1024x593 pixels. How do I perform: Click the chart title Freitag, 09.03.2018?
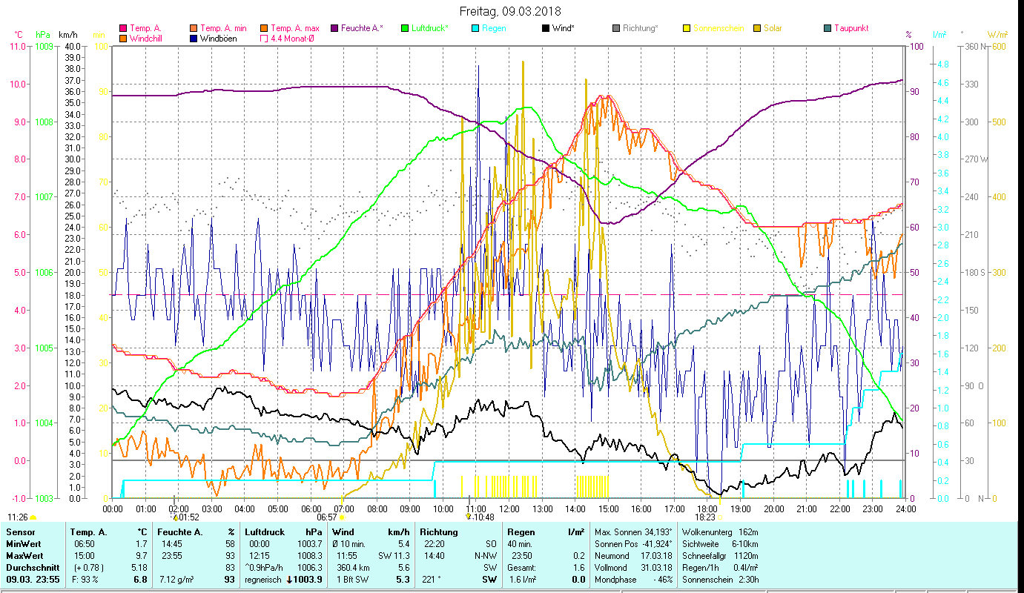pos(510,11)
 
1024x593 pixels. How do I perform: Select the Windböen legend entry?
pos(217,39)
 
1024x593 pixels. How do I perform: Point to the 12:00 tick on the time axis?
pos(509,509)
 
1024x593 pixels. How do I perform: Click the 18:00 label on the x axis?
pos(707,509)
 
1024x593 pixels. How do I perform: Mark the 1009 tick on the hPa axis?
pos(44,46)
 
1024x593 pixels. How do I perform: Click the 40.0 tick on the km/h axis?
pos(73,46)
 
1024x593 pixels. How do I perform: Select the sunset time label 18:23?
pos(705,517)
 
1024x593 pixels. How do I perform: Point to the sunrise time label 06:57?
pos(327,517)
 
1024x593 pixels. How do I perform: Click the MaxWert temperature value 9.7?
pos(140,556)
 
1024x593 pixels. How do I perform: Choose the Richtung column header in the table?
pos(439,532)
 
